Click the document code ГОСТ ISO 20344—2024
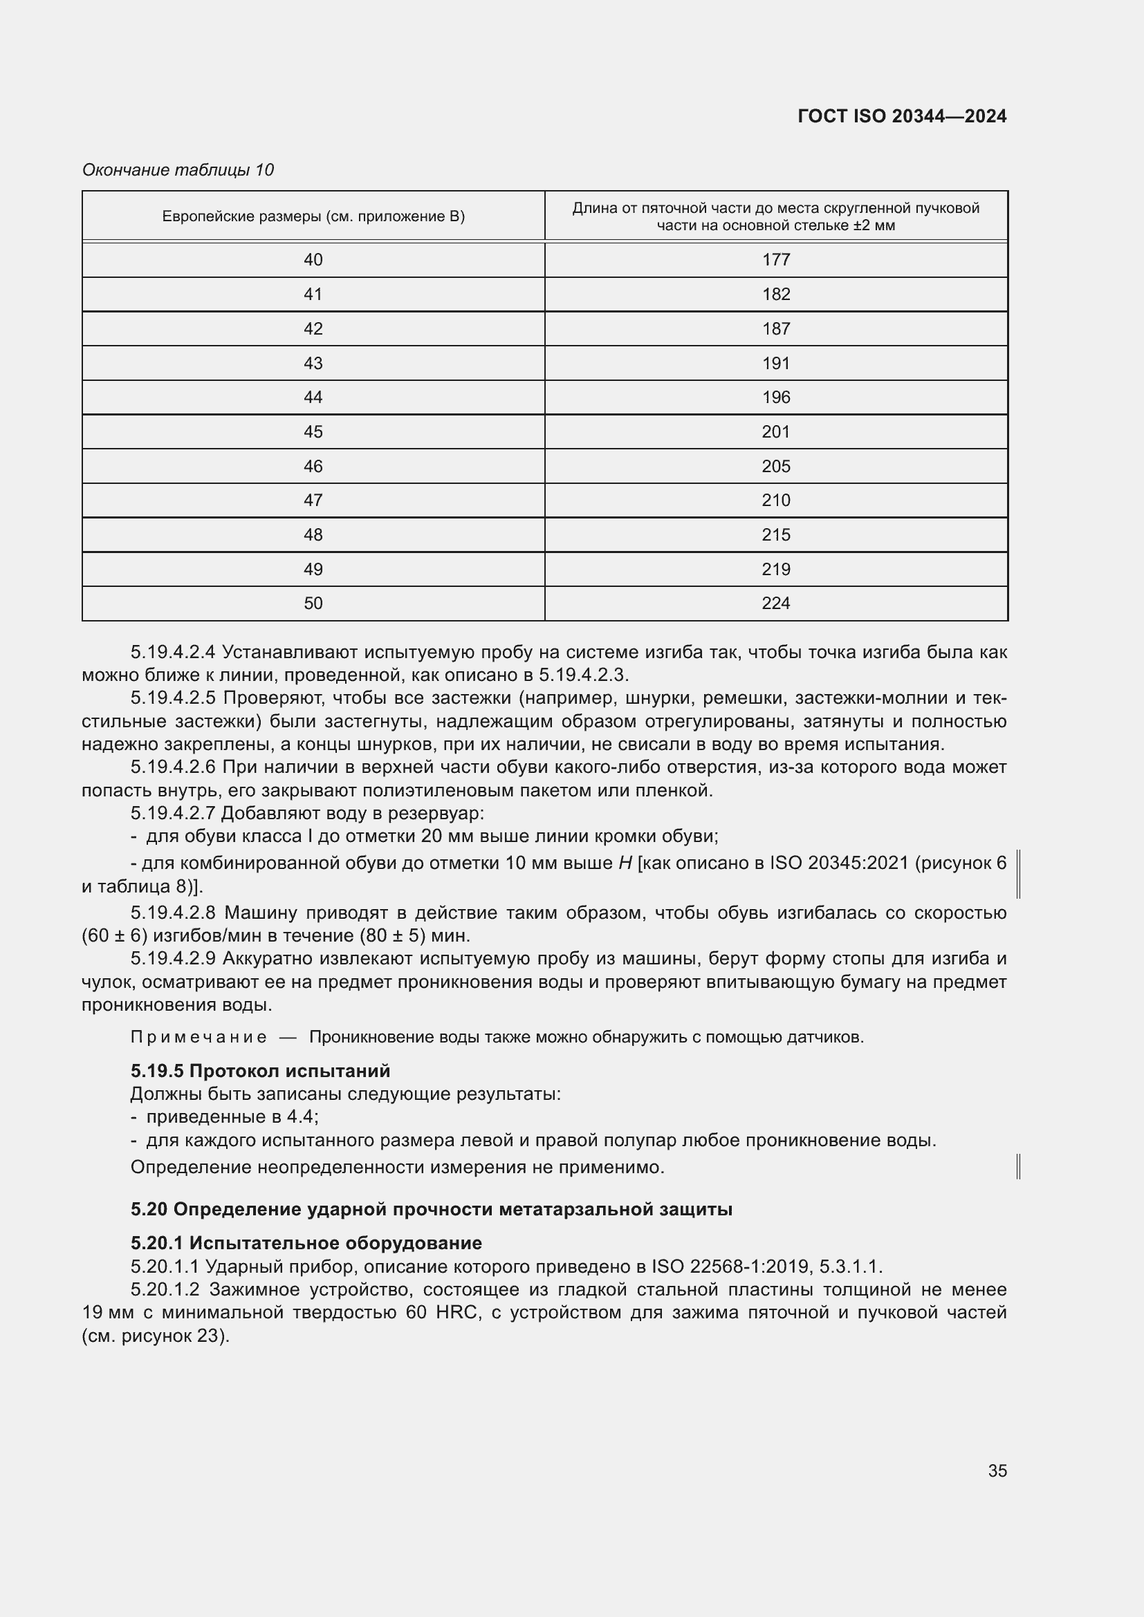pyautogui.click(x=902, y=116)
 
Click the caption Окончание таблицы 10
pyautogui.click(x=178, y=170)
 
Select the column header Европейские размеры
pyautogui.click(x=313, y=216)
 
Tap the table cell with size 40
pyautogui.click(x=313, y=260)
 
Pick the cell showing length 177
pyautogui.click(x=775, y=260)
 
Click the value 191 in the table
pyautogui.click(x=775, y=364)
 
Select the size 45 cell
pyautogui.click(x=313, y=431)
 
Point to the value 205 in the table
pyautogui.click(x=775, y=466)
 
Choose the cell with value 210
pyautogui.click(x=775, y=500)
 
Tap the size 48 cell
pyautogui.click(x=313, y=534)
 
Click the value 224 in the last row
pyautogui.click(x=775, y=603)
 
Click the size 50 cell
pyautogui.click(x=313, y=603)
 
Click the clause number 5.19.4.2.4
pyautogui.click(x=173, y=652)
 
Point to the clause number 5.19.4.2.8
pyautogui.click(x=173, y=913)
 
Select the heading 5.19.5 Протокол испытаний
pyautogui.click(x=260, y=1071)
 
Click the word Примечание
pyautogui.click(x=199, y=1038)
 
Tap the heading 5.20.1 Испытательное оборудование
pyautogui.click(x=306, y=1243)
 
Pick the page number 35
pyautogui.click(x=997, y=1470)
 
